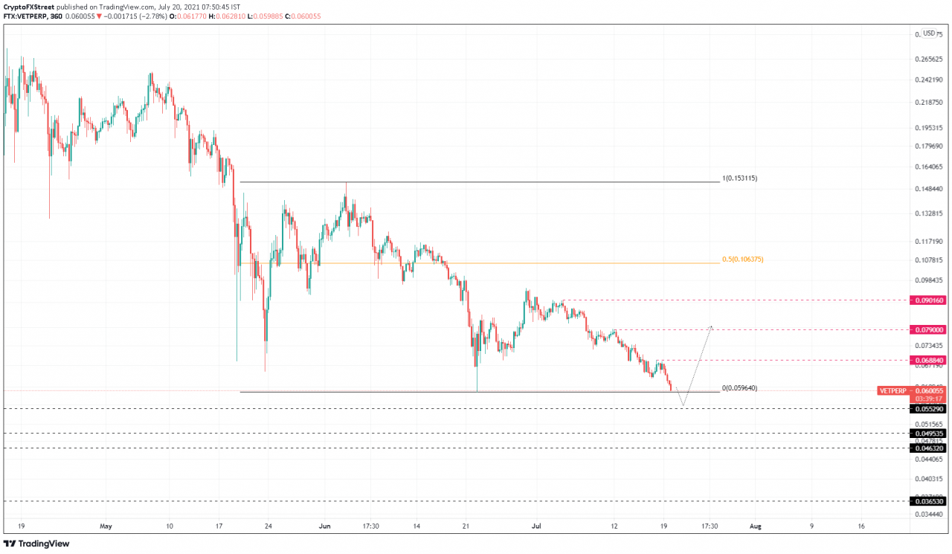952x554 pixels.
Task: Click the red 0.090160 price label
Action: [x=927, y=300]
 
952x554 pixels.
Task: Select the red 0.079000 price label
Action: [x=927, y=329]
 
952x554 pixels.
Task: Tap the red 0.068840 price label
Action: [x=927, y=360]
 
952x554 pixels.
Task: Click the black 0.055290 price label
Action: [x=927, y=409]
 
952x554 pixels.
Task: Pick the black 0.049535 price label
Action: [x=927, y=433]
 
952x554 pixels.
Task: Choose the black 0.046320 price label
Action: [x=927, y=448]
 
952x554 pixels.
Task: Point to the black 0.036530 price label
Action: [x=927, y=502]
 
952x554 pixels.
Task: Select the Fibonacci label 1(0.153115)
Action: [x=739, y=178]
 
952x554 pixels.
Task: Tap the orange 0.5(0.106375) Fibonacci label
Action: [x=743, y=260]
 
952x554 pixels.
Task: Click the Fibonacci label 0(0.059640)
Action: [x=739, y=388]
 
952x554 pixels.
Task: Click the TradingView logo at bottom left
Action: [x=37, y=544]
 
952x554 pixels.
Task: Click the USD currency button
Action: [x=928, y=33]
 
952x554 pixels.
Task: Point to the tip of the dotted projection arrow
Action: [x=712, y=326]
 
